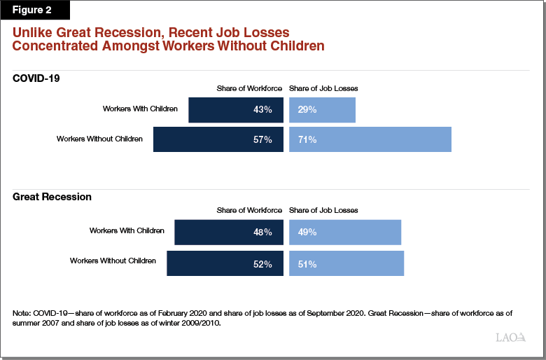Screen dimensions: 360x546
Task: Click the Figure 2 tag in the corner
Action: [x=30, y=11]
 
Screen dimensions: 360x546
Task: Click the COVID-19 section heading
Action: [x=36, y=78]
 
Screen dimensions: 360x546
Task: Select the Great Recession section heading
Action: [x=52, y=198]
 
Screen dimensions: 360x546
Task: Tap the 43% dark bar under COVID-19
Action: [x=236, y=110]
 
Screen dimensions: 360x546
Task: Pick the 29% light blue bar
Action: [x=322, y=110]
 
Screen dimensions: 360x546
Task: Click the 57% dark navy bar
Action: [x=218, y=139]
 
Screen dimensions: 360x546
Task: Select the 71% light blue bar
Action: [x=370, y=139]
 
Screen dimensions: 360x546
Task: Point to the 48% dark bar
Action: [x=229, y=232]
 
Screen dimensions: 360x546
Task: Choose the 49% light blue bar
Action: [x=344, y=232]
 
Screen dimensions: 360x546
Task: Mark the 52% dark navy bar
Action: [x=225, y=264]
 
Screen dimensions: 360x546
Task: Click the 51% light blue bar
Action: [x=346, y=264]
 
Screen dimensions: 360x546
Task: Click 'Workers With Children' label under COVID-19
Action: [x=140, y=109]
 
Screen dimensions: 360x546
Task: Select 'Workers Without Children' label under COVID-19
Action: [x=99, y=139]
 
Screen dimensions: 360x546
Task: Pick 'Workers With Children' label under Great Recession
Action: [x=127, y=230]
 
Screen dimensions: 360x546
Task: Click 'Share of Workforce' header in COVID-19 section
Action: [x=249, y=88]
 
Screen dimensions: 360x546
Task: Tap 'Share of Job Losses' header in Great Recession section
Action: [x=323, y=210]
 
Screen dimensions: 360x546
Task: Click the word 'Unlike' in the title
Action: [x=32, y=33]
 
